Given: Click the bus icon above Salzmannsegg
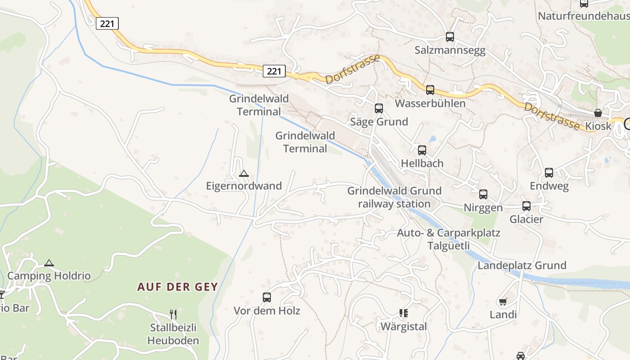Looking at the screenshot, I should (450, 37).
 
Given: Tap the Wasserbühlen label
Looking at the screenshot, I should (430, 103).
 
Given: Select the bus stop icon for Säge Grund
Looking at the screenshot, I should (379, 108).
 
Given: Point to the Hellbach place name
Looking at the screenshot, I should (422, 163).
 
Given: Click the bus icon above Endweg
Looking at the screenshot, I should (549, 173).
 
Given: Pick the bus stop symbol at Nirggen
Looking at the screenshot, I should (483, 194).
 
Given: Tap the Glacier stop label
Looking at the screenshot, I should (526, 220).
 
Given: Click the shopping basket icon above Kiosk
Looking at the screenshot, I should (598, 113).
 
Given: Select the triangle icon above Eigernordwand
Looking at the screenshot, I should (243, 173).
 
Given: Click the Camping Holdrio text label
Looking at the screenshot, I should (49, 276).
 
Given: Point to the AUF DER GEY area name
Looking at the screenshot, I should (177, 287).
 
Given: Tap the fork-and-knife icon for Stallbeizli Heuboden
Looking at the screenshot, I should (173, 314).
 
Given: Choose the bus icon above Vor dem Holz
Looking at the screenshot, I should (267, 297).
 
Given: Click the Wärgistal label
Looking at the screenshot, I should (404, 327).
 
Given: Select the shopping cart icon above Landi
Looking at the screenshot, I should (503, 301).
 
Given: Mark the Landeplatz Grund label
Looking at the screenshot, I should (522, 265).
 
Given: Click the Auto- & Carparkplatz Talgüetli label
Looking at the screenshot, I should (448, 239).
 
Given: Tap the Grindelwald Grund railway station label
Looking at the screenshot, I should (394, 197).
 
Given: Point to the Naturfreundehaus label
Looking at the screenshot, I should (584, 16).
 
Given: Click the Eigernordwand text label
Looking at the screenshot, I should (244, 186).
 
